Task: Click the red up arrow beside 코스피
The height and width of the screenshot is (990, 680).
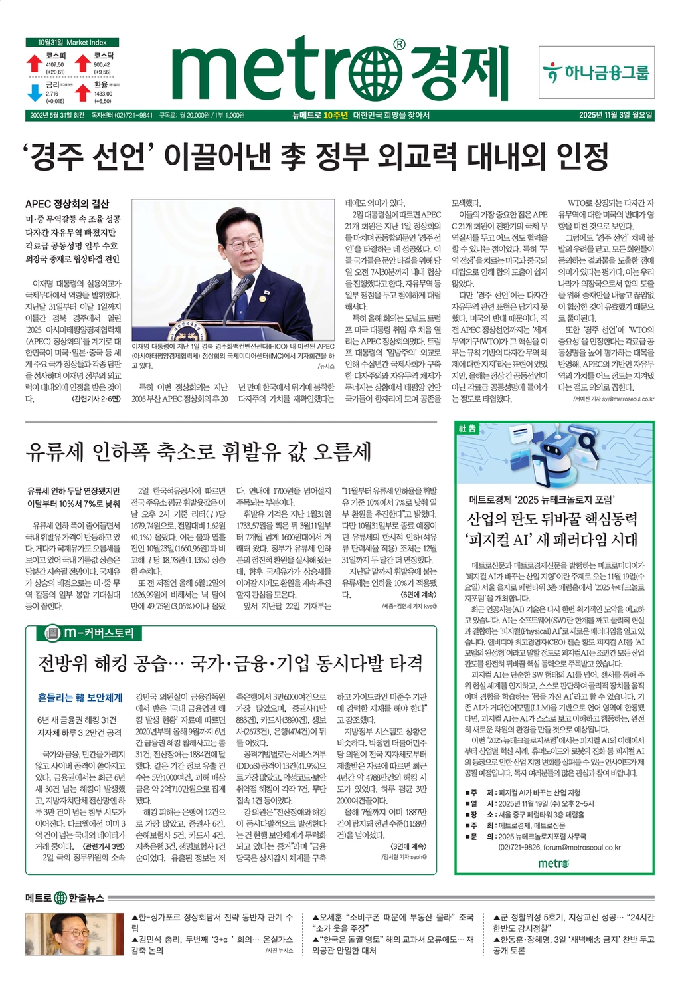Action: tap(34, 64)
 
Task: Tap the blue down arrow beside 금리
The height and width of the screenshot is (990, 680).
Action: tap(35, 92)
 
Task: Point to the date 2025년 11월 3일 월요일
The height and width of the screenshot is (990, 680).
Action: tap(616, 115)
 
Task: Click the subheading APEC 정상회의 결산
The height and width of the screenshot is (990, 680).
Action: tap(67, 204)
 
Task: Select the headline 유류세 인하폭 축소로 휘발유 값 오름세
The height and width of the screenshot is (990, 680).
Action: tap(198, 452)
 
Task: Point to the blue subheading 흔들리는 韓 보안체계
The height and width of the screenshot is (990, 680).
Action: tap(80, 698)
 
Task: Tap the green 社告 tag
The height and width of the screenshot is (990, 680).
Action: tap(467, 429)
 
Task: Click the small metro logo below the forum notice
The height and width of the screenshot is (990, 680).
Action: tap(553, 863)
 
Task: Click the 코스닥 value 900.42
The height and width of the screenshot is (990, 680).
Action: tap(102, 64)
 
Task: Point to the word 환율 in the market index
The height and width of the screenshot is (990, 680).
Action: tap(101, 85)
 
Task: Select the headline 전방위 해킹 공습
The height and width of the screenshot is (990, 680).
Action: tap(230, 662)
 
